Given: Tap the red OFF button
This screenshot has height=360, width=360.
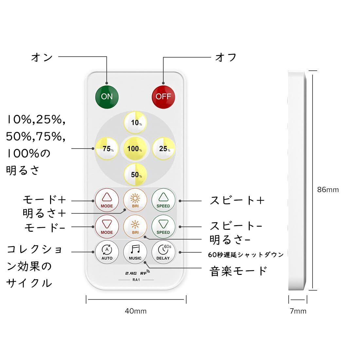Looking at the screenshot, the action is point(163,96).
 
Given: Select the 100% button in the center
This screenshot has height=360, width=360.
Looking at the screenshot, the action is point(135,149).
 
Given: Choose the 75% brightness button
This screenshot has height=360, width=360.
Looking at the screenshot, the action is point(107,148).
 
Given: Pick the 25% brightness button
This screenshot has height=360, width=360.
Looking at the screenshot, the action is point(164,148).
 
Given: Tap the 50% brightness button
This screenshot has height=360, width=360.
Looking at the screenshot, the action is point(135,174).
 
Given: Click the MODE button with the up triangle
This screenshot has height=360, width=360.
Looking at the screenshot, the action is point(107,199).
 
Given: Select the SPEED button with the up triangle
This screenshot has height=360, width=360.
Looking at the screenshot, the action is point(163,199).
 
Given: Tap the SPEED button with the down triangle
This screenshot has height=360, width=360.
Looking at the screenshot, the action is point(163,226).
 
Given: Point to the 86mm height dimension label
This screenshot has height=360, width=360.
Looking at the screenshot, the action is point(328,189).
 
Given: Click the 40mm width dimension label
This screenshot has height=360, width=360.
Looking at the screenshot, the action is point(135,311).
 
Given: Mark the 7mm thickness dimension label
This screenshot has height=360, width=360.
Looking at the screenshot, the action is point(298,311).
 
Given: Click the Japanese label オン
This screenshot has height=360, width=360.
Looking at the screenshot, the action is point(42,58).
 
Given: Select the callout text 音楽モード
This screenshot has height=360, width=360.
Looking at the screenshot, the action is point(238,271).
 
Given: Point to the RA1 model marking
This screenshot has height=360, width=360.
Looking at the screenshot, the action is point(136,280).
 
